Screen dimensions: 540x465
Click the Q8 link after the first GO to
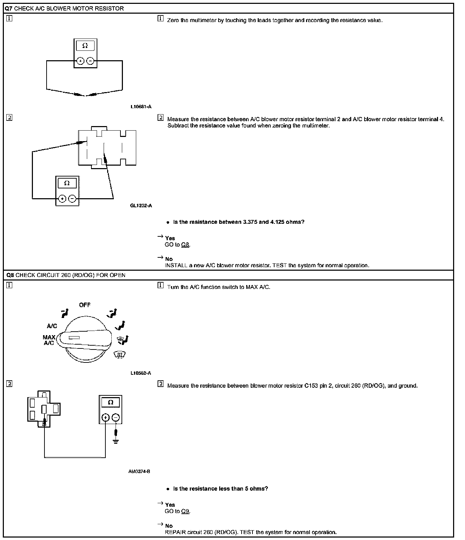185,245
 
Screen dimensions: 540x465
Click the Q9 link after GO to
185,511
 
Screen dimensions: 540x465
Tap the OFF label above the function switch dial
85,305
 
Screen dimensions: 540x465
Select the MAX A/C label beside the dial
49,340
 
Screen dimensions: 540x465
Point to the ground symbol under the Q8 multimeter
116,440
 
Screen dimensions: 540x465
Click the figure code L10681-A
141,107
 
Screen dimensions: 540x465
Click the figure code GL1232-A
141,206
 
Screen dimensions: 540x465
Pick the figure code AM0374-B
139,471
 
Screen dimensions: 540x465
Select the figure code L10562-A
141,373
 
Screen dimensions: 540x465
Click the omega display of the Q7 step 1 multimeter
85,46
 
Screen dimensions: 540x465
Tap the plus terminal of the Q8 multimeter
105,417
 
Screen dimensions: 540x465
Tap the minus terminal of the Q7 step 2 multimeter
72,199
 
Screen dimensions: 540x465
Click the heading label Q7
9,8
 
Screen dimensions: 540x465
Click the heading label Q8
10,275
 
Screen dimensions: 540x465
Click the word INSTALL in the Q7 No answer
176,265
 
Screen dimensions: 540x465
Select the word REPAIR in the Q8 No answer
175,532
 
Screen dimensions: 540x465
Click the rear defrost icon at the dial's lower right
120,355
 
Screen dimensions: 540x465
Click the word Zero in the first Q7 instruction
173,20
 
